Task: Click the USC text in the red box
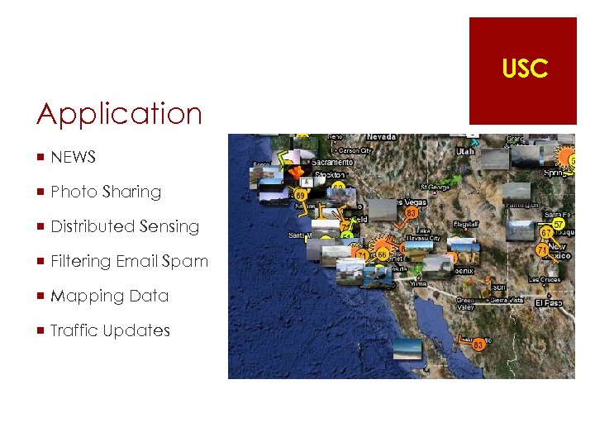click(524, 69)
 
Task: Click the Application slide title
click(119, 114)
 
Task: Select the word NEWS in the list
click(74, 157)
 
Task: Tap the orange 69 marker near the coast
click(302, 195)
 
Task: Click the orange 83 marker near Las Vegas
click(411, 213)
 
